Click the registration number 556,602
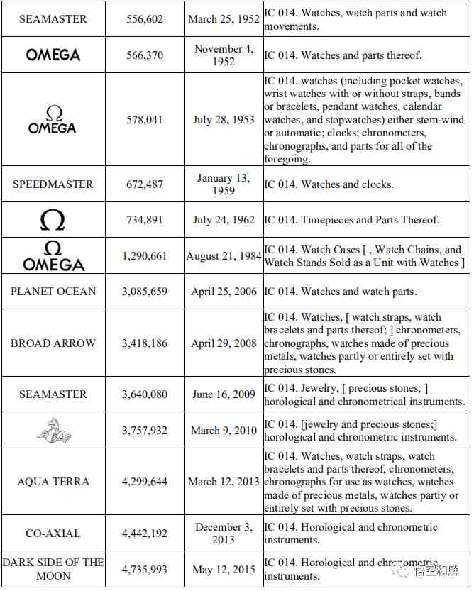(145, 20)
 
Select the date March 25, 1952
(224, 20)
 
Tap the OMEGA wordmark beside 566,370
(53, 55)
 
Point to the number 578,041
(145, 120)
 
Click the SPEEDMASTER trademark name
(53, 184)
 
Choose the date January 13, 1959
(224, 184)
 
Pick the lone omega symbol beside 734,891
(53, 220)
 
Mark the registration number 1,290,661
(145, 255)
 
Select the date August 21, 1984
(224, 255)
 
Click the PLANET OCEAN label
(53, 292)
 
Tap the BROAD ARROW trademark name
(53, 343)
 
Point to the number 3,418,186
(145, 343)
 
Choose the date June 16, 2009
(224, 394)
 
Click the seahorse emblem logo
(53, 430)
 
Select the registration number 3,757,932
(145, 430)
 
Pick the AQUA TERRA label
(53, 482)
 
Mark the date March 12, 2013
(224, 482)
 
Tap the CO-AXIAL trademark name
(53, 534)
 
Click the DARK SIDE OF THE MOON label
(53, 569)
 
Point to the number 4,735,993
(145, 569)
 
